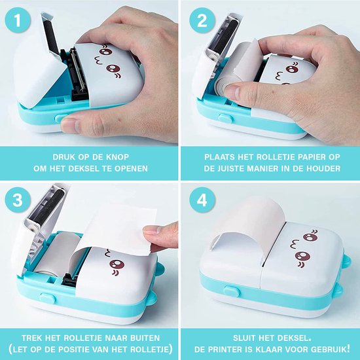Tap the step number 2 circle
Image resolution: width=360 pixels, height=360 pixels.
pos(202,21)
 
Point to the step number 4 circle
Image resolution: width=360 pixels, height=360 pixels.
pos(202,200)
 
